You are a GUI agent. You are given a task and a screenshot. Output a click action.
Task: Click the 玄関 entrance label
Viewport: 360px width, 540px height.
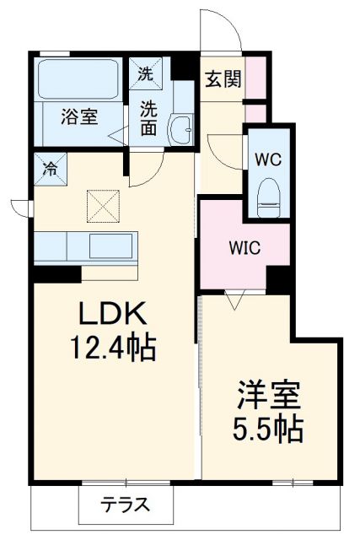[223, 79]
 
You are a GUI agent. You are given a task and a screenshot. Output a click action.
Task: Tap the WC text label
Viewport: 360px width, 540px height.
[267, 157]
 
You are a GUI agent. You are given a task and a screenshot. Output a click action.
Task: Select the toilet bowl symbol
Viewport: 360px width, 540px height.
[267, 192]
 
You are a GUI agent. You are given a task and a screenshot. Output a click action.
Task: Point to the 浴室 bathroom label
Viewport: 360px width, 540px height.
[78, 116]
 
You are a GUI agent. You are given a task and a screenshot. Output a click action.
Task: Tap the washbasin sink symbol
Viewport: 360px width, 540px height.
[180, 129]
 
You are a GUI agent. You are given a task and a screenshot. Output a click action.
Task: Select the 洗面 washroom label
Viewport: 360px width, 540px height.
[149, 118]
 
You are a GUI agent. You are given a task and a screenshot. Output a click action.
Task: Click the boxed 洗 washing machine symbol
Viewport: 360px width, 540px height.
[147, 73]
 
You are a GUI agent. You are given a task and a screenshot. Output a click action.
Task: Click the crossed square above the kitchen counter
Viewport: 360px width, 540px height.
[104, 204]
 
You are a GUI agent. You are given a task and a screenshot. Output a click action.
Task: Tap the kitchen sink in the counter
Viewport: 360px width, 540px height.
[110, 246]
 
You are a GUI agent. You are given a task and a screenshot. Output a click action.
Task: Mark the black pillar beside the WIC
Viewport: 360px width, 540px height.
[277, 278]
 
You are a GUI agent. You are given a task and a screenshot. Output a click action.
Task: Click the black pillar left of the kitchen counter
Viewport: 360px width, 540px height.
[56, 273]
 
